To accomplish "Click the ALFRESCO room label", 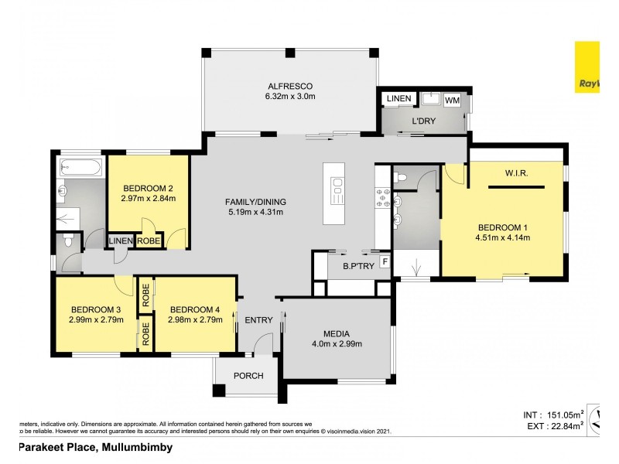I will point(290,85).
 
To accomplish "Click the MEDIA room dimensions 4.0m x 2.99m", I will point(337,344).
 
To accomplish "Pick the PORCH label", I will point(248,376).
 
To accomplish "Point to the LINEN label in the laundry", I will point(398,99).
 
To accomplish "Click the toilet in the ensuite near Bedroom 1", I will point(400,177).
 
